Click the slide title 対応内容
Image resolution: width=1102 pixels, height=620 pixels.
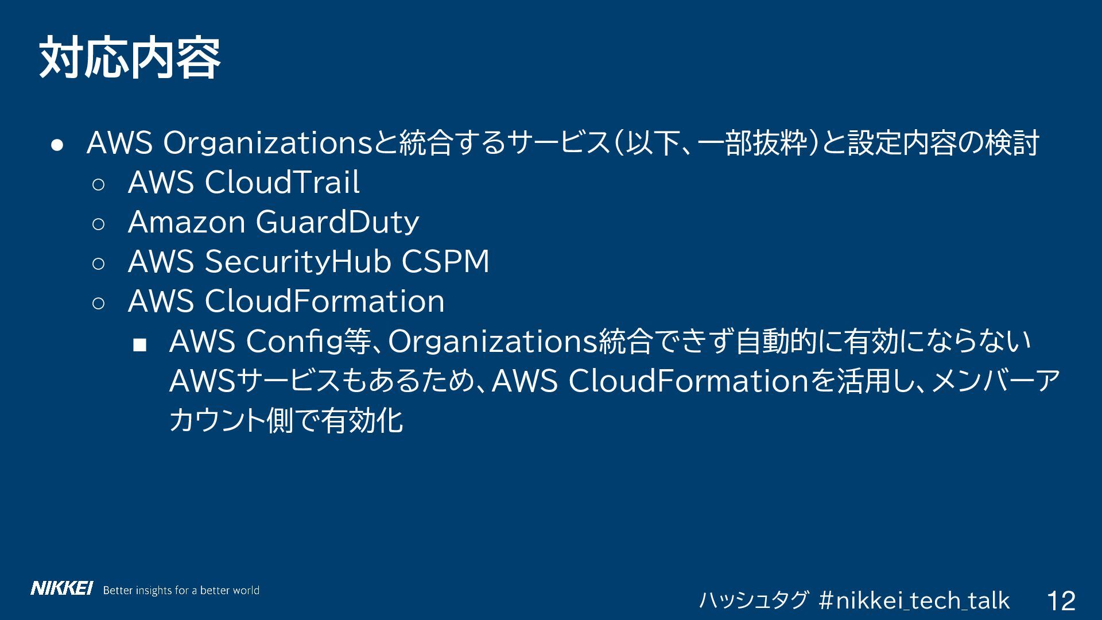tap(130, 58)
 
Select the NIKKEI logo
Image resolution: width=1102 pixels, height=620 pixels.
tap(61, 589)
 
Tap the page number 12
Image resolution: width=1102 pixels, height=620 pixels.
tap(1061, 601)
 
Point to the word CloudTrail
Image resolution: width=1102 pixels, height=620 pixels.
tap(282, 183)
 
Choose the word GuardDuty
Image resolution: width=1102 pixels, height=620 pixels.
tap(337, 222)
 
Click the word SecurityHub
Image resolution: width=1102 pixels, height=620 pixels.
tap(298, 262)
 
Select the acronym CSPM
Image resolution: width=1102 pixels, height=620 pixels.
tap(445, 262)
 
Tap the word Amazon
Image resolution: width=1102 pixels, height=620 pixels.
tap(187, 222)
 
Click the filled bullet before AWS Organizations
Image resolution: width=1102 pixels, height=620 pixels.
tap(56, 145)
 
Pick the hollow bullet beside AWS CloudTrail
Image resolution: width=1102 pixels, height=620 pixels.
tap(98, 184)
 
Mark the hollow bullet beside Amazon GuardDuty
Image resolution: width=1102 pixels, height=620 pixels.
tap(98, 224)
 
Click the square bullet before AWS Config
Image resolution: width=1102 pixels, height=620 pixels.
tap(139, 344)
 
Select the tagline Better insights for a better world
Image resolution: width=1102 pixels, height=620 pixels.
tap(181, 590)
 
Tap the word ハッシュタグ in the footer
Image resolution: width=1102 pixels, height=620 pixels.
tap(753, 601)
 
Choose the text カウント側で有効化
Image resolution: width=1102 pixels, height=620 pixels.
tap(286, 421)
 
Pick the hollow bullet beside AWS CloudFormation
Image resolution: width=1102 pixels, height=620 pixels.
tap(98, 303)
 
